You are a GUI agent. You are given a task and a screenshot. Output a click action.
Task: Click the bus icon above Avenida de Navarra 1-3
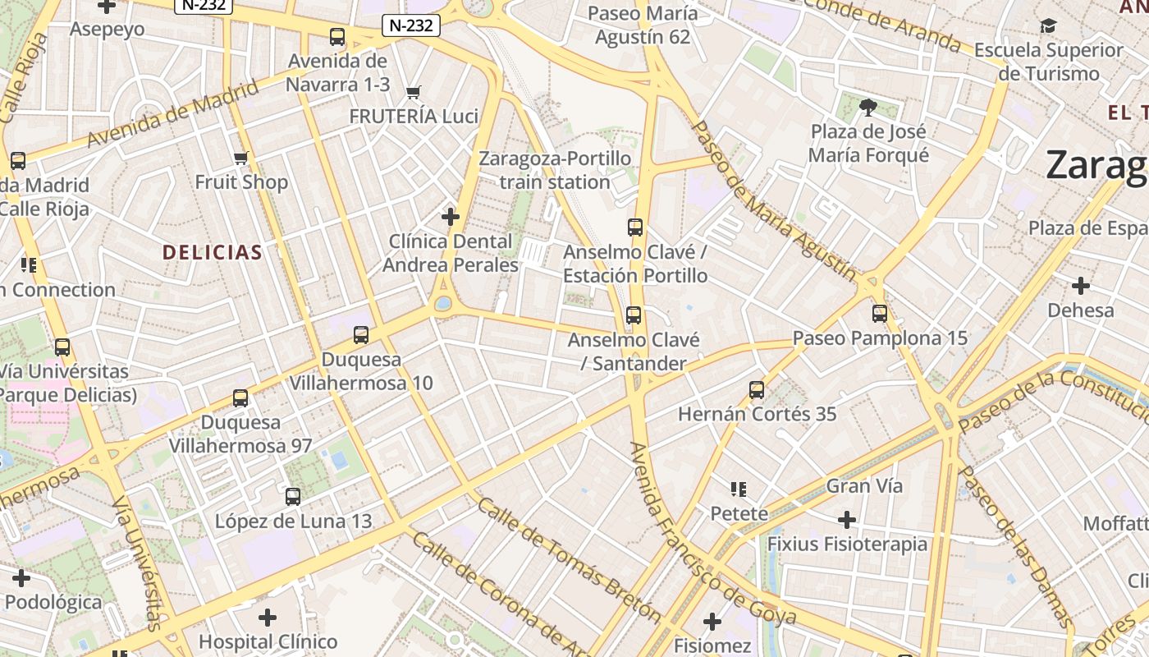[x=337, y=37]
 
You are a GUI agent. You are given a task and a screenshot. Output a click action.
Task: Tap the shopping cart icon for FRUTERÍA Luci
[x=414, y=92]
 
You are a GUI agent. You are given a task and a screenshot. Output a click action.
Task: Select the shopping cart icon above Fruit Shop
[x=240, y=158]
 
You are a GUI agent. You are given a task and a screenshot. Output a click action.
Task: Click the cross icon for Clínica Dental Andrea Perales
[x=450, y=217]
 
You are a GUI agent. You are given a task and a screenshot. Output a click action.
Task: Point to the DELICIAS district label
[x=213, y=252]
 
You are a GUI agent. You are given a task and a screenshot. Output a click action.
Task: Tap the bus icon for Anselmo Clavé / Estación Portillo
[x=634, y=227]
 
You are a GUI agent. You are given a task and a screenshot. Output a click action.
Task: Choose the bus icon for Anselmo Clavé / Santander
[x=633, y=315]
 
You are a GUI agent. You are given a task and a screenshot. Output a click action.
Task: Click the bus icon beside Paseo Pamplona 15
[x=880, y=314]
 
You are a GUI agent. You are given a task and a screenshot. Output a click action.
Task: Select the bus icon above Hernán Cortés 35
[x=757, y=390]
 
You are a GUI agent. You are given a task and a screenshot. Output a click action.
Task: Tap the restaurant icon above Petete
[x=739, y=490]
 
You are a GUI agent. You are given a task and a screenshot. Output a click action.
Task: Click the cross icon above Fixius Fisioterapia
[x=847, y=520]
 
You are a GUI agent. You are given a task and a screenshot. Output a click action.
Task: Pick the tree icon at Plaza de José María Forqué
[x=867, y=107]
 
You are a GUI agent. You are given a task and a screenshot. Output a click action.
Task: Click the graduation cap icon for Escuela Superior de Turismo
[x=1048, y=26]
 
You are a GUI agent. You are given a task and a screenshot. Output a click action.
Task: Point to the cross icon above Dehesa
[x=1081, y=286]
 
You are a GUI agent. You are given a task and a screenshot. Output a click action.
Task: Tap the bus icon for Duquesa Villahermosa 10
[x=361, y=335]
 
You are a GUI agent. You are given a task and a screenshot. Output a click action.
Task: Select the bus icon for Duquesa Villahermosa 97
[x=240, y=398]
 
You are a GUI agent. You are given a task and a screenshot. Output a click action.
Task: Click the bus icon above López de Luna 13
[x=293, y=497]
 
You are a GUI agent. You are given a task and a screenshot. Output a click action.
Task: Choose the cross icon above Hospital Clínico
[x=268, y=618]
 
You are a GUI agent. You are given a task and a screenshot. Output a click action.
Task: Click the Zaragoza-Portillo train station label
[x=555, y=170]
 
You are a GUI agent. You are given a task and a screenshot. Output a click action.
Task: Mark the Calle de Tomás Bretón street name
[x=569, y=559]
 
